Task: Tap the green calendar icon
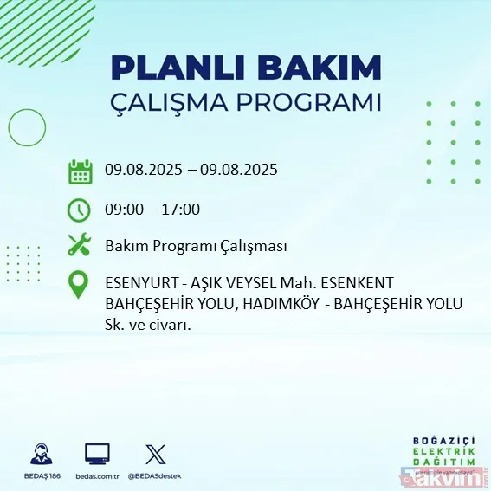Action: [x=80, y=171]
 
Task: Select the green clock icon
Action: [x=80, y=210]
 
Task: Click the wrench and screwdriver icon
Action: [x=80, y=246]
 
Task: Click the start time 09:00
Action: [x=124, y=210]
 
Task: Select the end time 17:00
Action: [x=182, y=210]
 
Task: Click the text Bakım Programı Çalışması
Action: [x=196, y=247]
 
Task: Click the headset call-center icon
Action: [x=39, y=453]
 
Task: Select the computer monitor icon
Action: [x=97, y=453]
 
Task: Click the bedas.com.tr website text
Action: [x=97, y=476]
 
